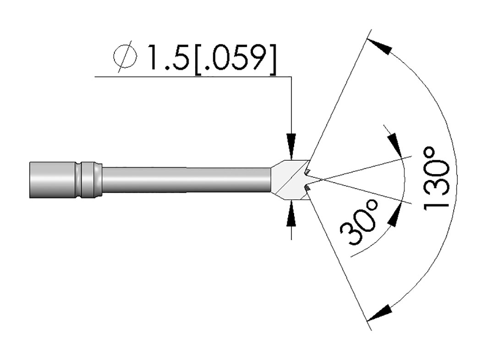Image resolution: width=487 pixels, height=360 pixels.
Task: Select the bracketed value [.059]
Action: coord(235,60)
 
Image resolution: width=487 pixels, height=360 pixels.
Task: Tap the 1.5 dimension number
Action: coord(169,58)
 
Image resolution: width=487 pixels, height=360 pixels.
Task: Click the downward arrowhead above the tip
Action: coord(291,147)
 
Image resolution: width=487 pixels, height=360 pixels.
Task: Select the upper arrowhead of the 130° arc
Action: coord(379,47)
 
